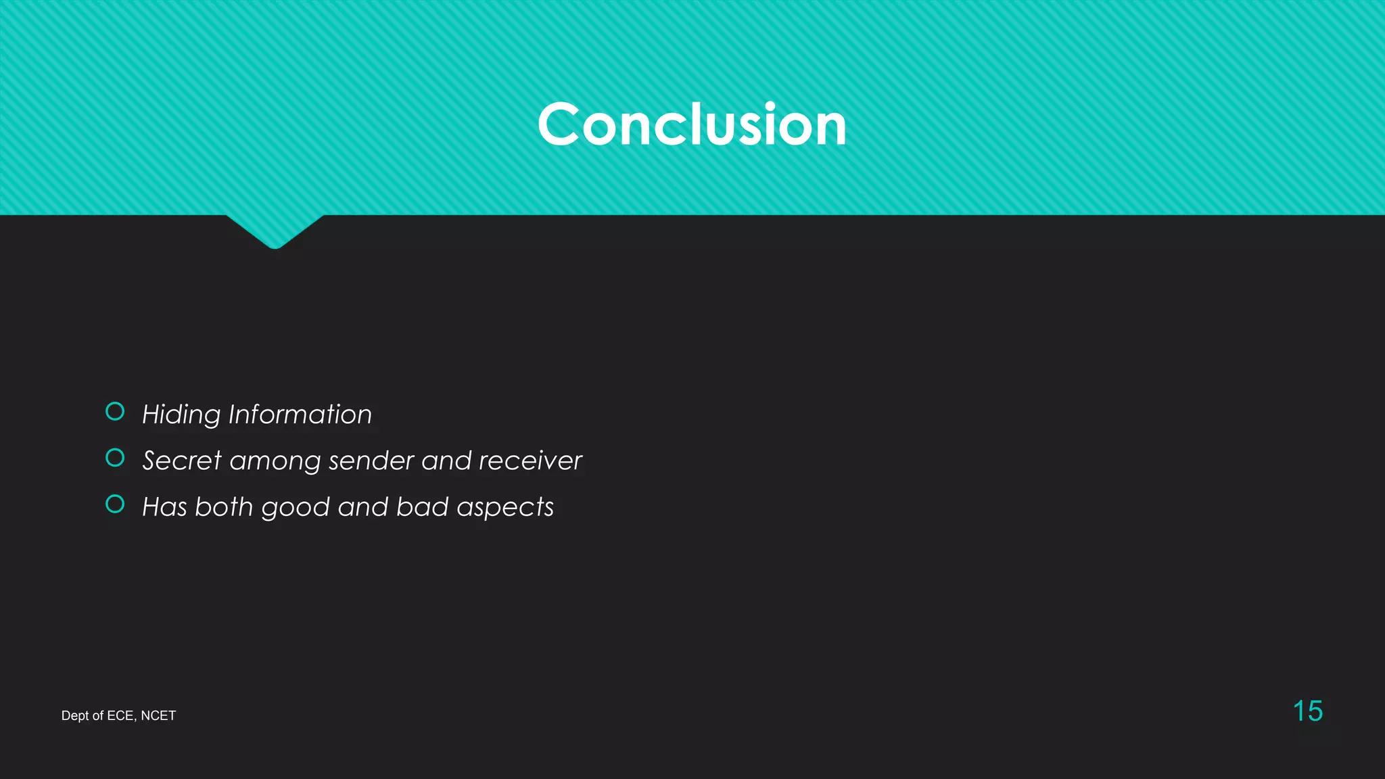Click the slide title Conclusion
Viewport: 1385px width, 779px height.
point(692,124)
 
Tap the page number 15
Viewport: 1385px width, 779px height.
point(1307,711)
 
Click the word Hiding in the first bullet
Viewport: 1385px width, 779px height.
point(181,415)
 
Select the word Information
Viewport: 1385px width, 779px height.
point(300,415)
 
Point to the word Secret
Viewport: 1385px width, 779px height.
point(182,461)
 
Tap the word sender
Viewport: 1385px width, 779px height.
point(371,461)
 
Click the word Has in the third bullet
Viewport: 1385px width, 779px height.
point(164,507)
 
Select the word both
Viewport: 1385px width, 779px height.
point(224,507)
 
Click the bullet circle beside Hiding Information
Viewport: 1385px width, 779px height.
point(115,411)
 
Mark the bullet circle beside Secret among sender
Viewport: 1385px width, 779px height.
point(115,458)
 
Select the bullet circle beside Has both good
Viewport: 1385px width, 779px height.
point(115,504)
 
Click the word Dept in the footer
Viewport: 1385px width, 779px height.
point(75,716)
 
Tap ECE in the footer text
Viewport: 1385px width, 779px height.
point(120,716)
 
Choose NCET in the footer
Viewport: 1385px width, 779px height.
point(158,716)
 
